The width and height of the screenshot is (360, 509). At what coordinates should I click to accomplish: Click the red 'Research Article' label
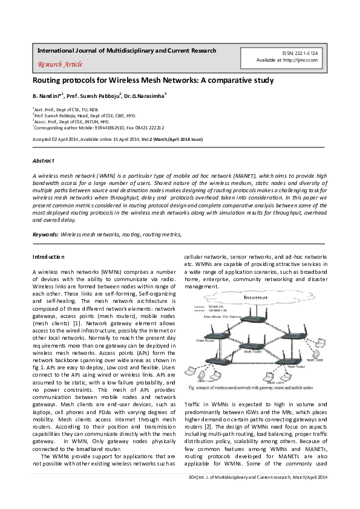[x=60, y=64]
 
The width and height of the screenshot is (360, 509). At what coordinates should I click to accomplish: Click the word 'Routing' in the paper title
[x=48, y=80]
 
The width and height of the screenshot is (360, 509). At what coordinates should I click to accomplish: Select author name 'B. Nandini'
[x=46, y=96]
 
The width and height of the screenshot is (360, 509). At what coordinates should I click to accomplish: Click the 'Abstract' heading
[x=43, y=161]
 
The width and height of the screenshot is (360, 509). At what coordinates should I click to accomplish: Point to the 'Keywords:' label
[x=45, y=233]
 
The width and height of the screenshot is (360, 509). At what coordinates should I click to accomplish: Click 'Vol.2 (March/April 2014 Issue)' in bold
[x=172, y=139]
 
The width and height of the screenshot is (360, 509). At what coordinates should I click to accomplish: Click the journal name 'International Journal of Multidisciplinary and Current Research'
[x=126, y=51]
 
